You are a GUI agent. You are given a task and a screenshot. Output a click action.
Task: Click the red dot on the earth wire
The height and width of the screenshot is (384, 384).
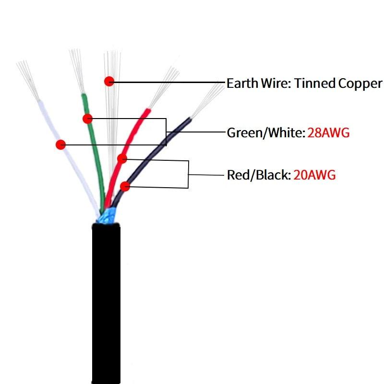[x=110, y=81]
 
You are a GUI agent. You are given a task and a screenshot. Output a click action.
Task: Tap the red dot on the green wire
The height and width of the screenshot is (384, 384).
[x=87, y=119]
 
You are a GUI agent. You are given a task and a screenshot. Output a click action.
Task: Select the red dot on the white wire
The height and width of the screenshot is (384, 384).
[x=60, y=144]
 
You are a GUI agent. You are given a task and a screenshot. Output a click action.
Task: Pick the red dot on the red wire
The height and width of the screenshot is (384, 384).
[x=122, y=158]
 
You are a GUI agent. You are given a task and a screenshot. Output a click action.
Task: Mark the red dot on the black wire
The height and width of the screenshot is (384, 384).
[x=125, y=186]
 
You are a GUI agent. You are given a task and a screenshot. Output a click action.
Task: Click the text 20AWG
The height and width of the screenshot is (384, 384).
[x=314, y=175]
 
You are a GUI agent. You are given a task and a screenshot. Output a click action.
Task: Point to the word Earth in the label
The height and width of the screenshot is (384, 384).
[x=241, y=83]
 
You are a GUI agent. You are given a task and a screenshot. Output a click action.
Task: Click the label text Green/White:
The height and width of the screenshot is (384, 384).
[x=265, y=132]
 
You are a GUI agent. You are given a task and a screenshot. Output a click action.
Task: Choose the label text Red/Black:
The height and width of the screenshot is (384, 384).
[x=259, y=175]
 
